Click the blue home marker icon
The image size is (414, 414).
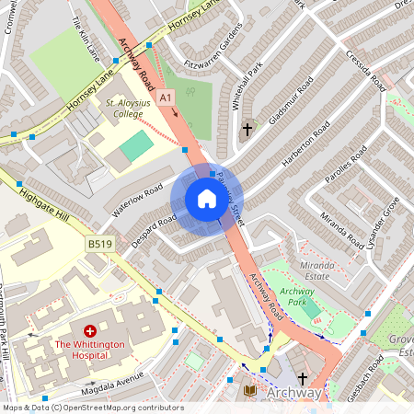[207, 199]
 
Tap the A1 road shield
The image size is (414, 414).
[165, 97]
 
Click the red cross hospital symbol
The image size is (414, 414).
[90, 330]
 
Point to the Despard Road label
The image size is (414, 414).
[154, 227]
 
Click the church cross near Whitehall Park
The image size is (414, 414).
[247, 131]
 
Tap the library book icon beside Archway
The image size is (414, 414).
[250, 392]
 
